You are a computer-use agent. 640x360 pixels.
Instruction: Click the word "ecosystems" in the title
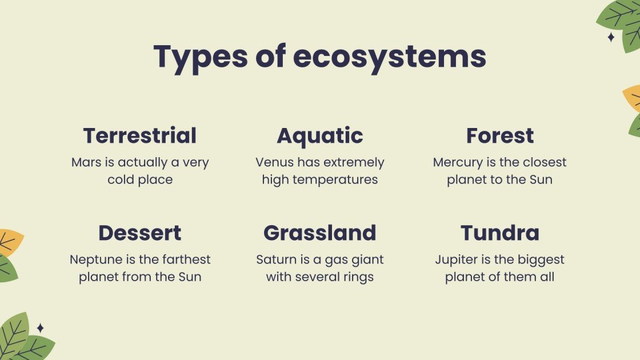(x=390, y=57)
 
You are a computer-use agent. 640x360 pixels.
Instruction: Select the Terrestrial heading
(x=140, y=136)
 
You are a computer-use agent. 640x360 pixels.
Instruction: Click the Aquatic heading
(x=320, y=136)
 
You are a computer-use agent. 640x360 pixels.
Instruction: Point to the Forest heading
(x=500, y=136)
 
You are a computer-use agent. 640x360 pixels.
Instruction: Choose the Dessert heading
(x=140, y=233)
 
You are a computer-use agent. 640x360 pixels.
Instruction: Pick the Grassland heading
(x=320, y=233)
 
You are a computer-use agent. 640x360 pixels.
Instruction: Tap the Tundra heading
(x=500, y=233)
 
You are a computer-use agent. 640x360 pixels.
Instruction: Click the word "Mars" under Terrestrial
(x=86, y=162)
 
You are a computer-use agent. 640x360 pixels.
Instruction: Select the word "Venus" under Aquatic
(x=275, y=162)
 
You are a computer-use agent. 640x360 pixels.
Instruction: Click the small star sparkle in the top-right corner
(x=611, y=37)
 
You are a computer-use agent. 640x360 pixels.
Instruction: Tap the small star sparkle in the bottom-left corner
(x=41, y=328)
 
